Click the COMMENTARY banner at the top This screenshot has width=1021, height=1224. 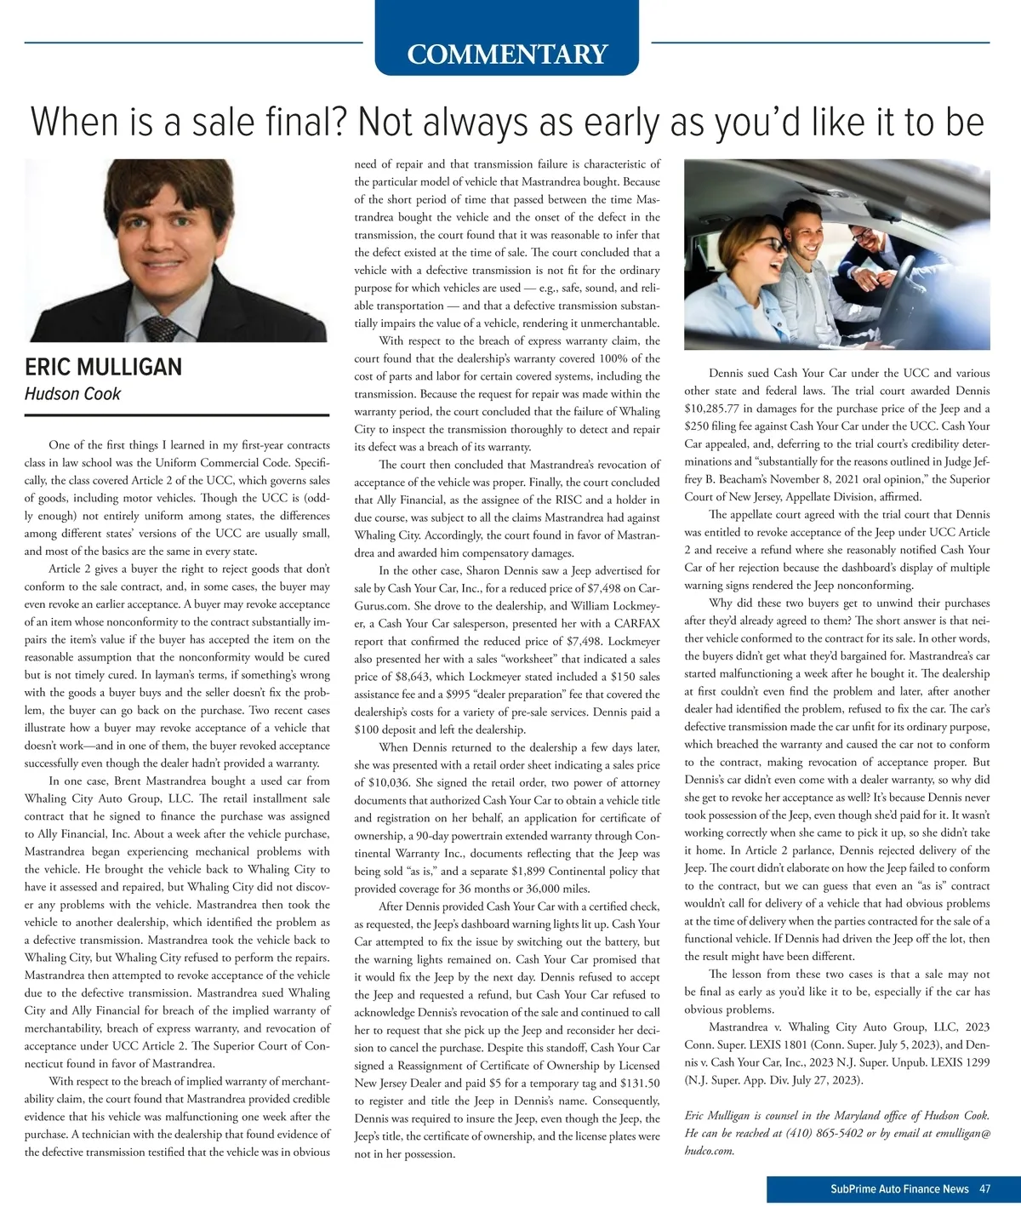[507, 54]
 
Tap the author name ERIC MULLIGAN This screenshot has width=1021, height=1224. [103, 368]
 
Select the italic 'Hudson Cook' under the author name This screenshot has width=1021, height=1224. [72, 394]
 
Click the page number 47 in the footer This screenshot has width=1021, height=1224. [984, 1189]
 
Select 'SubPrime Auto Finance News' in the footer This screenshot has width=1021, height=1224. [899, 1189]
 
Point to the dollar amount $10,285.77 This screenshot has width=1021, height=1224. [716, 409]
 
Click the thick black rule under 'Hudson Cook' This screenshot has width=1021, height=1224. [177, 415]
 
